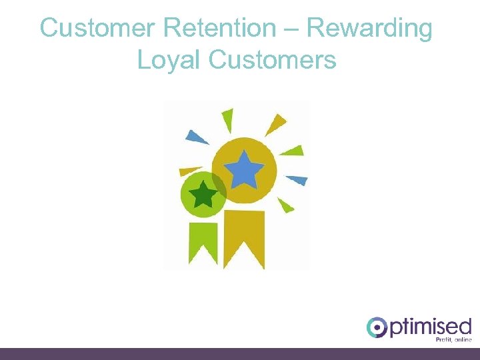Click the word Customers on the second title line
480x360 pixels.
pos(273,60)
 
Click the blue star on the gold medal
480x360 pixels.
pos(243,169)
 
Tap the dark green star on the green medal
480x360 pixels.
pos(203,195)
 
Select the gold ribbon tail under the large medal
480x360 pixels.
pos(244,237)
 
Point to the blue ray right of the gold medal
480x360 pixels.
pos(297,179)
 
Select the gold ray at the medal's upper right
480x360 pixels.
pos(275,124)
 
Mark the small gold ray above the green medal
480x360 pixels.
pos(189,171)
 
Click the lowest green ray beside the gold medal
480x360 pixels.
pos(285,205)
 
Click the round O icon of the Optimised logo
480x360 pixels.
pos(377,327)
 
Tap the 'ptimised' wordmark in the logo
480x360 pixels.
pos(431,327)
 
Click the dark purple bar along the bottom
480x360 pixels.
pos(240,353)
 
